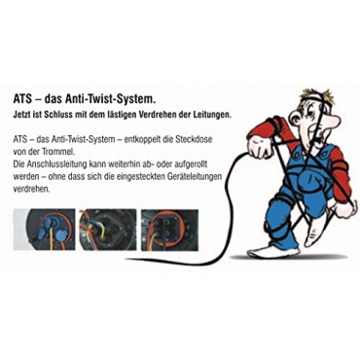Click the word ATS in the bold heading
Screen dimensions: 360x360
tap(22, 99)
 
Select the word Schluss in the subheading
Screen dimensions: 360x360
tap(59, 115)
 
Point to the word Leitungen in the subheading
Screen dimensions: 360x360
tap(214, 116)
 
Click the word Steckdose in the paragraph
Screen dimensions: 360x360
tap(198, 139)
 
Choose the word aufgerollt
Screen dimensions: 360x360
tap(191, 164)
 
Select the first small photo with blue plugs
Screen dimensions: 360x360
tap(45, 231)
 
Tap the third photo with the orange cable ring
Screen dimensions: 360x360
tap(169, 231)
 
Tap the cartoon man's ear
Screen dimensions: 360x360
tap(295, 121)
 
